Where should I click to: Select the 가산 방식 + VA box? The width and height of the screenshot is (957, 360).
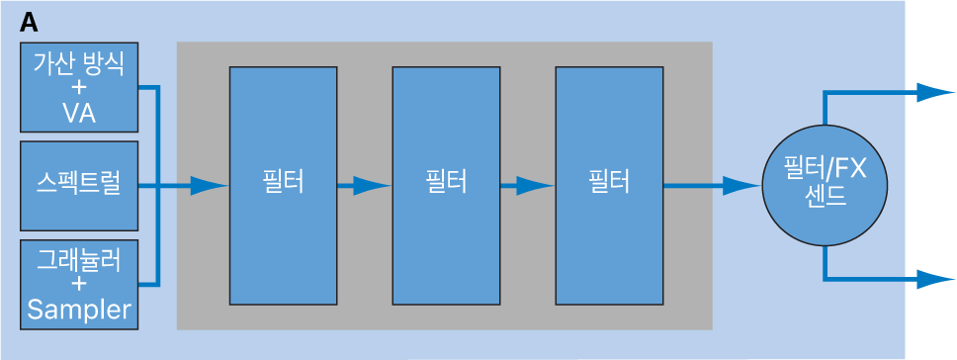click(79, 88)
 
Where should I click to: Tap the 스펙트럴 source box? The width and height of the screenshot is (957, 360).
click(79, 185)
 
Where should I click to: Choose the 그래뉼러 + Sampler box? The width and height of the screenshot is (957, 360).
click(79, 285)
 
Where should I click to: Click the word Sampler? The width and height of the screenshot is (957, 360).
click(79, 311)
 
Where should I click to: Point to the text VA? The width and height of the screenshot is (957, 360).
click(79, 114)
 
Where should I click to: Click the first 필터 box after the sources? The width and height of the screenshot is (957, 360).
click(283, 185)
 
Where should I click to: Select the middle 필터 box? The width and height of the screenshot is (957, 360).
click(446, 185)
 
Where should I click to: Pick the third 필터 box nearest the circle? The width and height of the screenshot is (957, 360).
click(608, 185)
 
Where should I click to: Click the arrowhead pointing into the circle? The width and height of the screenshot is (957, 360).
click(741, 185)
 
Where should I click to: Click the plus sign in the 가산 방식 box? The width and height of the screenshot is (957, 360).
click(79, 88)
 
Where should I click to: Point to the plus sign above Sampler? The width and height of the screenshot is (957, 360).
click(79, 285)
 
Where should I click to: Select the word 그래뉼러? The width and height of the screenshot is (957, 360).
click(79, 260)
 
